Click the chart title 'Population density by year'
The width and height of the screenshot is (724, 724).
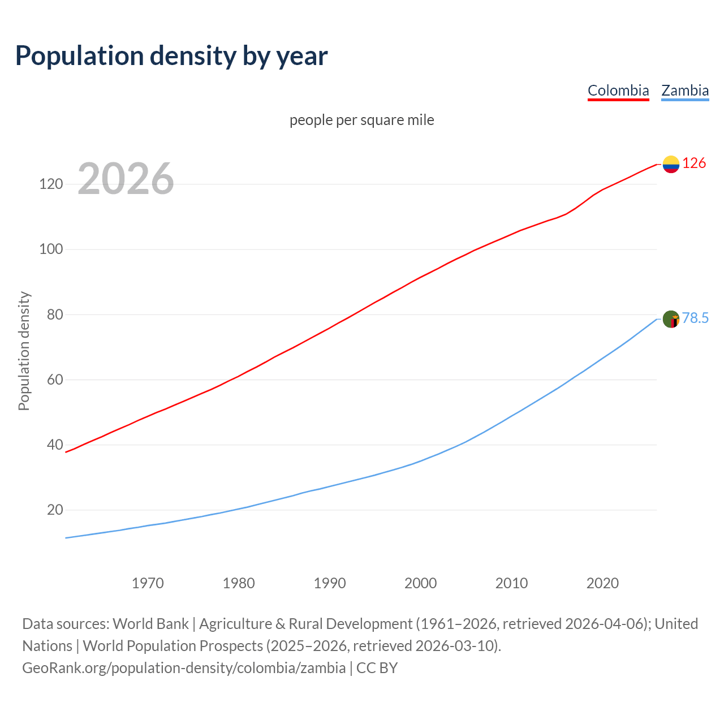coord(171,56)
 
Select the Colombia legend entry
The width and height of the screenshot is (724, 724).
coord(618,90)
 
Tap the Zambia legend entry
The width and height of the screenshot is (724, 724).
coord(685,90)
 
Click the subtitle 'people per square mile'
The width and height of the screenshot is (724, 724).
coord(362,120)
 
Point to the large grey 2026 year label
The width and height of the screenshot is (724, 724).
coord(126,179)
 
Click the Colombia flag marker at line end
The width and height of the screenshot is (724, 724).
coord(671,164)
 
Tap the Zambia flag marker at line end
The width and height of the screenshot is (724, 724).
coord(671,319)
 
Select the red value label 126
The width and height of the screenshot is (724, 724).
coord(694,163)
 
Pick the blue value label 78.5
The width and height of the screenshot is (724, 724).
coord(695,318)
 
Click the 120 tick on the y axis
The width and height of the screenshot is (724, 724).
coord(51,184)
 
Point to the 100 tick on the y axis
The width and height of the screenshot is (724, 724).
coord(51,249)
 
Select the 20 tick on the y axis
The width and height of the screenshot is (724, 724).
coord(55,510)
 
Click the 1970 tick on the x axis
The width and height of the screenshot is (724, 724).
coord(148,583)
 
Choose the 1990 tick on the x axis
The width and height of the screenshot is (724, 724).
coord(330,583)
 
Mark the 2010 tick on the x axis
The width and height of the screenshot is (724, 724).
coord(511,583)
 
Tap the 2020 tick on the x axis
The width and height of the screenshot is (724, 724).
coord(602,583)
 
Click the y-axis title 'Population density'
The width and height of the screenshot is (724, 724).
coord(24,351)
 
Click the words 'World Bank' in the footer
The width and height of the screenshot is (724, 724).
coord(150,624)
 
